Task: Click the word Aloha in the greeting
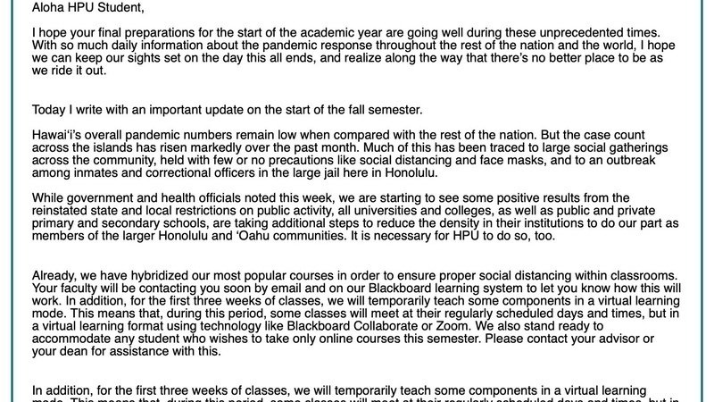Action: [x=51, y=9]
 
